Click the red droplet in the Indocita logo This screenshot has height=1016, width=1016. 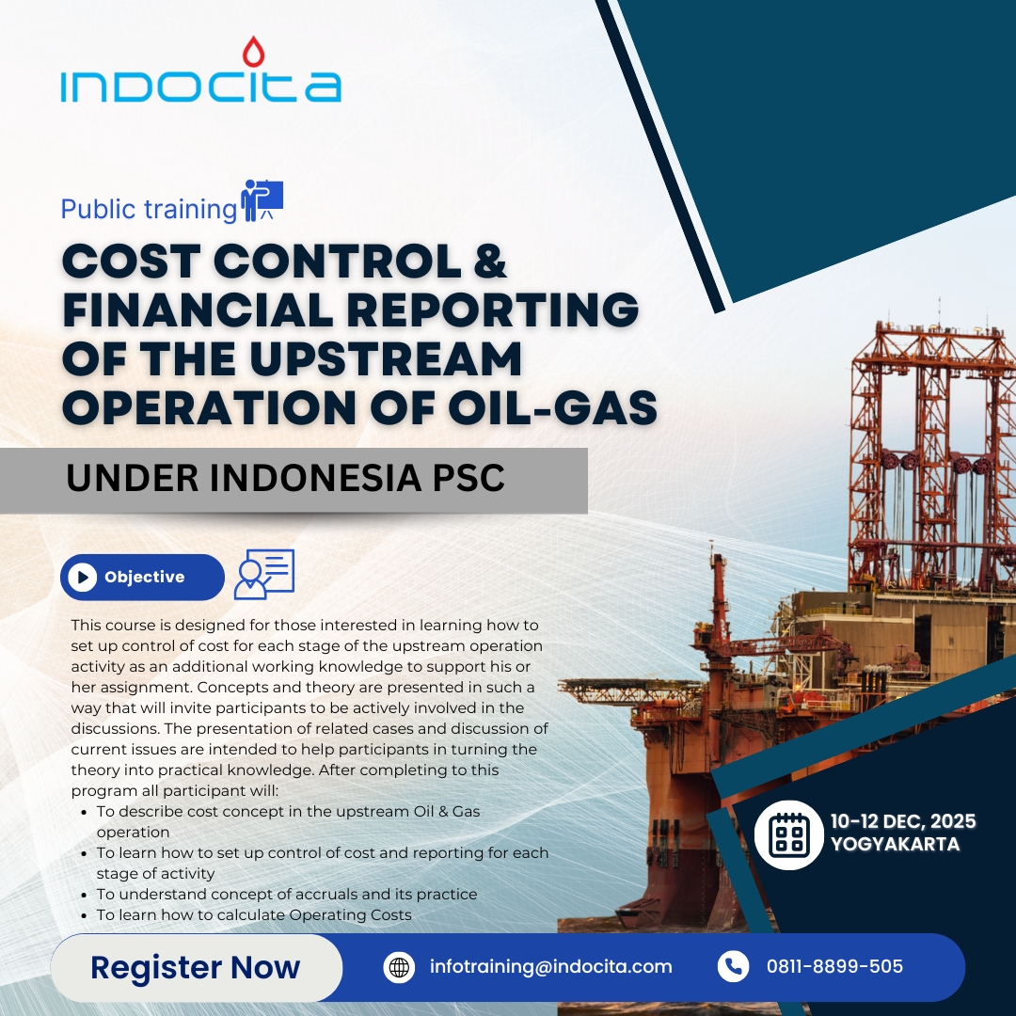tap(253, 52)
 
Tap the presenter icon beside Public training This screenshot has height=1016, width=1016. tap(262, 201)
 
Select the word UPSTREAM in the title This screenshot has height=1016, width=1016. tap(386, 359)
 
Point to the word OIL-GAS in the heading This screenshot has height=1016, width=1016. tap(553, 407)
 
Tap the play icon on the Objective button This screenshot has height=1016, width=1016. tap(82, 577)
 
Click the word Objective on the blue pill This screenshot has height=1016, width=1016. tap(145, 577)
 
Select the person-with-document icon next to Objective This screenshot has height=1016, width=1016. tap(263, 574)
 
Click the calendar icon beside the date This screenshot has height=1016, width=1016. tap(788, 834)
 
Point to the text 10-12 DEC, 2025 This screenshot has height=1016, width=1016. tap(902, 821)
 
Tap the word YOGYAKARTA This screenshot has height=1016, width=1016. tap(895, 844)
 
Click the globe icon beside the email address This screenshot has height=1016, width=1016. tap(399, 967)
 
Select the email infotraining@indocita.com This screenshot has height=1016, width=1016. tap(550, 967)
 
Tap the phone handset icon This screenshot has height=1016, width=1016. tap(734, 967)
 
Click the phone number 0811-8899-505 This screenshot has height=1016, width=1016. tap(834, 967)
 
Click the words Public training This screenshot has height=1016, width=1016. tap(149, 209)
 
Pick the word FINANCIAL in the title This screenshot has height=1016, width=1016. tap(198, 310)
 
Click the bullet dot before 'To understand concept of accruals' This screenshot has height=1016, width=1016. tap(85, 895)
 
